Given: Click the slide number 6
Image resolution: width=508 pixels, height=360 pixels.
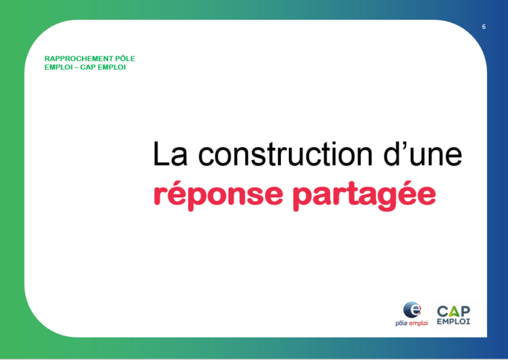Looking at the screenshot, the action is (484, 27).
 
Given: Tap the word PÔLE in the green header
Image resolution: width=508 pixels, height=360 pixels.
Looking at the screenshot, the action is (125, 58).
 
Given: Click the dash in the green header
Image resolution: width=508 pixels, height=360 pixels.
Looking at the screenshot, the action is (76, 68).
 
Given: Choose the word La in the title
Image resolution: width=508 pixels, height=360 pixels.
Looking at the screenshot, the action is (170, 154).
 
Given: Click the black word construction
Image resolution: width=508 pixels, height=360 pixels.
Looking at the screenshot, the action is (285, 154).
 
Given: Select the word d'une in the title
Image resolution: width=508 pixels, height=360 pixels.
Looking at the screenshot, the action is (423, 154).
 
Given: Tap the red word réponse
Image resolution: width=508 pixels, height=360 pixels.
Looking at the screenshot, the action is (218, 195).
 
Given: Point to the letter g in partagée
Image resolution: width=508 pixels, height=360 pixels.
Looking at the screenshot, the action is (386, 199).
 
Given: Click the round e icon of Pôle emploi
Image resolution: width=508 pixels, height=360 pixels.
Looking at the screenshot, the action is (411, 310).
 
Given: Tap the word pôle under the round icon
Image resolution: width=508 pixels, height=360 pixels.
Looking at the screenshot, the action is (401, 323).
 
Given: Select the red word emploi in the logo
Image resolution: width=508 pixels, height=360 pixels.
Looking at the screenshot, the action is (419, 323).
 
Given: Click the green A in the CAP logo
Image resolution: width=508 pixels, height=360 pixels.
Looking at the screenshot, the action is (454, 312).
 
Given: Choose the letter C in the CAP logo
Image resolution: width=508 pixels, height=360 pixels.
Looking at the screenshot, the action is (442, 312).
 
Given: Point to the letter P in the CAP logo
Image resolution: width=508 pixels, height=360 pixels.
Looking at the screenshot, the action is (465, 312).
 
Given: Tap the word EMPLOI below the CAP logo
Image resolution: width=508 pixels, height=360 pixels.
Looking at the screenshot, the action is (453, 321).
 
